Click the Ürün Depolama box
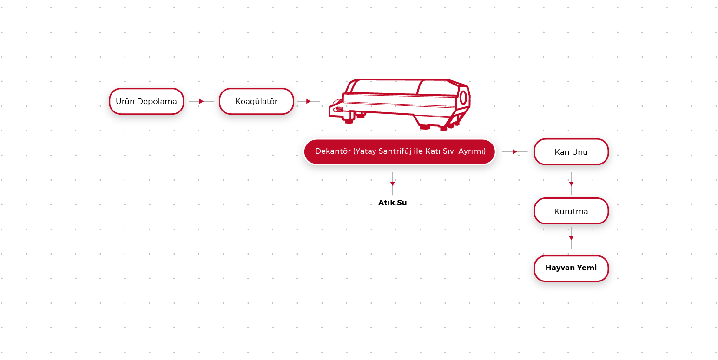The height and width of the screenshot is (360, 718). point(146,101)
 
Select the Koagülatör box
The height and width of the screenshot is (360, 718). point(257,101)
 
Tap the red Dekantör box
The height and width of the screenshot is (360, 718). point(400,151)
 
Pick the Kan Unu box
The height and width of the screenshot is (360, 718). point(571,152)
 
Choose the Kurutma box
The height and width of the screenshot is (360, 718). point(571,211)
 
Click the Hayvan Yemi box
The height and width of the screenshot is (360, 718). point(571,268)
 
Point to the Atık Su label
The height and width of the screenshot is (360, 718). point(392,203)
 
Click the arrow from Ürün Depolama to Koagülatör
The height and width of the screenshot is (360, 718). point(201,101)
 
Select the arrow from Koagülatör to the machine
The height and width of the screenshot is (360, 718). point(309,101)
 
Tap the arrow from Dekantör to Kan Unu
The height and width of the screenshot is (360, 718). point(515,151)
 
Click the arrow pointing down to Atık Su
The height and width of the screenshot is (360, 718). point(392,183)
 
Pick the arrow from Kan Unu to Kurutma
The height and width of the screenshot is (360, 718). point(571,183)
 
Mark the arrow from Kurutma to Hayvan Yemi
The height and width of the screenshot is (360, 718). point(571,238)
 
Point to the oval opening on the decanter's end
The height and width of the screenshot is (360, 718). point(463,98)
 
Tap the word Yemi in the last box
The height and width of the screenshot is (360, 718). point(587,268)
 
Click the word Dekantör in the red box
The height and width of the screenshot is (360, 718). point(333,151)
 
